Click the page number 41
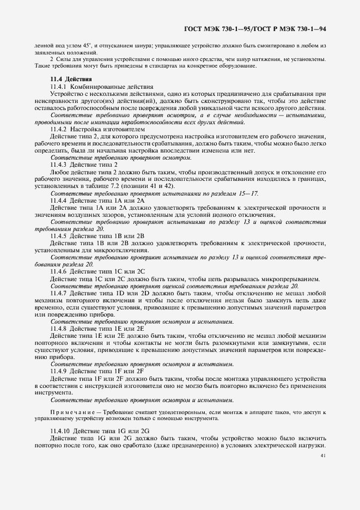[x=324, y=456]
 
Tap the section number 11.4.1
[x=58, y=87]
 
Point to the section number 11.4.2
[x=58, y=129]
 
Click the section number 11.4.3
[x=58, y=164]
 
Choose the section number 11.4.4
[x=58, y=199]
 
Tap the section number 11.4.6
[x=58, y=270]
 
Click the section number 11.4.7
[x=58, y=292]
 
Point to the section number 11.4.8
[x=58, y=328]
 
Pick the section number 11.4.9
[x=58, y=371]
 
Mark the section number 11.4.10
[x=60, y=431]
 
